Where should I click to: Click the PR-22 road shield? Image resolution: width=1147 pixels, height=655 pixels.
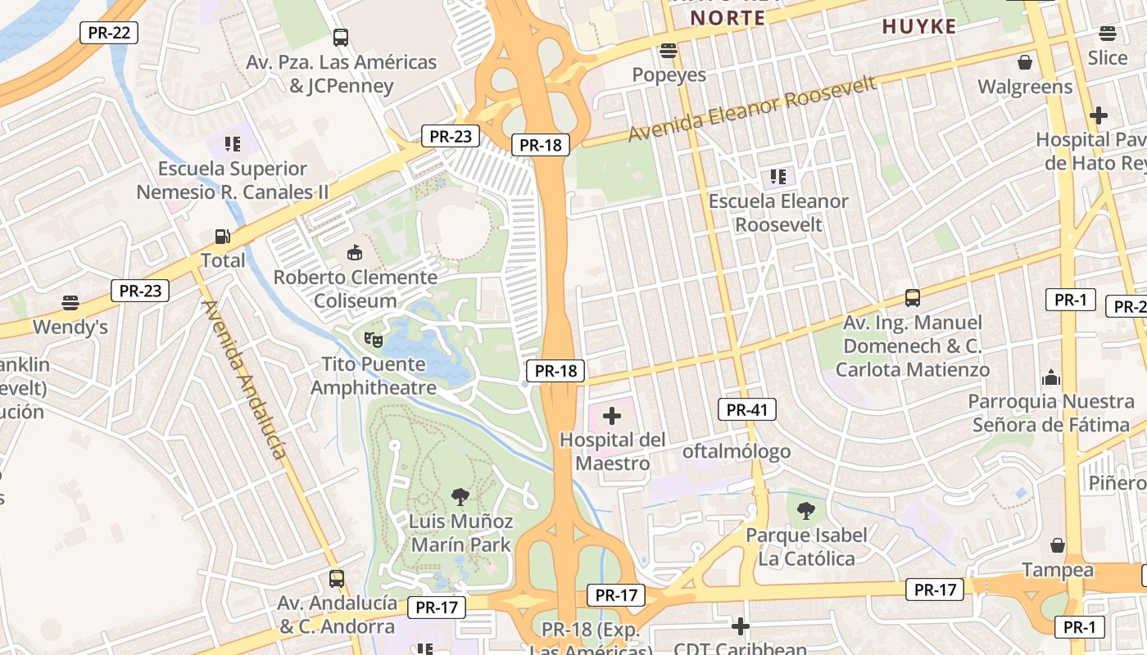(109, 33)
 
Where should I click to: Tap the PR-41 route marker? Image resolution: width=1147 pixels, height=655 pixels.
(746, 409)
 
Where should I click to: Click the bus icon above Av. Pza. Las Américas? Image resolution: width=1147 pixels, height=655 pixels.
(340, 37)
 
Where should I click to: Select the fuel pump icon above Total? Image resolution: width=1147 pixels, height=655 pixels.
(222, 237)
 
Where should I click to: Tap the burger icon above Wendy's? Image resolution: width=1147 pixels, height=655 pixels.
(70, 304)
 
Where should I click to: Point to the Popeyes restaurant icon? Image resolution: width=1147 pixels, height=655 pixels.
(669, 51)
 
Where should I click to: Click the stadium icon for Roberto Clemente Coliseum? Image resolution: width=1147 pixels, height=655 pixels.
(354, 253)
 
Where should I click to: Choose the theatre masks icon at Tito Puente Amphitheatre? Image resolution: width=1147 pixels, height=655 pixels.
(373, 338)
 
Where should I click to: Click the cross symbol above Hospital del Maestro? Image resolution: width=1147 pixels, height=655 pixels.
(611, 416)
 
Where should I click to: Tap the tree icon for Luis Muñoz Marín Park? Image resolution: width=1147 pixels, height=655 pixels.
(460, 496)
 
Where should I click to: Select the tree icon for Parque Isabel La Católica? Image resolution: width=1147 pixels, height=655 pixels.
(806, 511)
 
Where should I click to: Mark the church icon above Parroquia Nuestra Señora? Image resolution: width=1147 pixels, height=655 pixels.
(1050, 377)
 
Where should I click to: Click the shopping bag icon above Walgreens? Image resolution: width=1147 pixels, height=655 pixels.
(1024, 62)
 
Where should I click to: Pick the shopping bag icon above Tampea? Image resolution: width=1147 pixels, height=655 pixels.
(1058, 545)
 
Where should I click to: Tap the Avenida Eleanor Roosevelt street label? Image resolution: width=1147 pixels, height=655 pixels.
(751, 108)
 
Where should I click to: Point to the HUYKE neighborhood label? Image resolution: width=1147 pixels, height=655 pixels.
(919, 27)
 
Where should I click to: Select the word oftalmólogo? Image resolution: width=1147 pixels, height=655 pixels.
(737, 451)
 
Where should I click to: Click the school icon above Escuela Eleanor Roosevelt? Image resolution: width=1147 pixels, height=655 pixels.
(778, 176)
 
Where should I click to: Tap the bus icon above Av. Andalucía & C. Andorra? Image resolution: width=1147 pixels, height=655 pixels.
(336, 579)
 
